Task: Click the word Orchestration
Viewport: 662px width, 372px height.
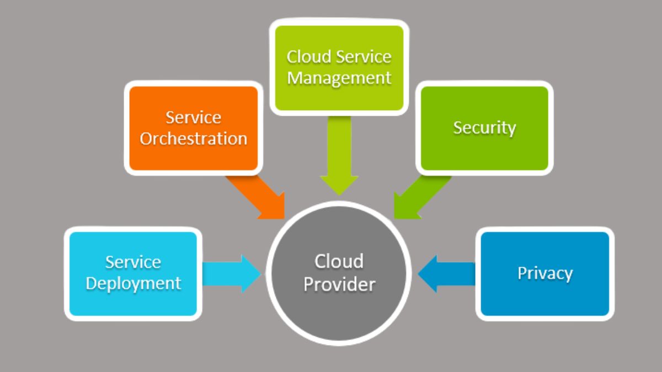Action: point(193,138)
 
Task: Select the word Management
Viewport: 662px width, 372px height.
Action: point(339,78)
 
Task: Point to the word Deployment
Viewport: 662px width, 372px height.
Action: point(133,283)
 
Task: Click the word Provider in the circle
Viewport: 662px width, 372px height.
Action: point(339,284)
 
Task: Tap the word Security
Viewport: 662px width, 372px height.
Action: point(484,127)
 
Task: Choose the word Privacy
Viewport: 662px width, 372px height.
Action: point(544,273)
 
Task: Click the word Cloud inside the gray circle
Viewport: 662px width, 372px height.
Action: point(339,261)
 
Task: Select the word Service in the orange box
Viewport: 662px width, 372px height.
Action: point(193,117)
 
